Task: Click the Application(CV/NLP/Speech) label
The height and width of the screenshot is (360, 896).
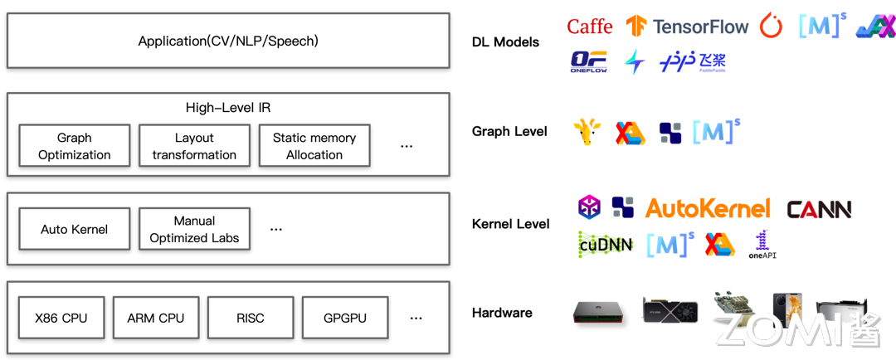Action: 228,41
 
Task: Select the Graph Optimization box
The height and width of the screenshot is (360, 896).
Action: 75,147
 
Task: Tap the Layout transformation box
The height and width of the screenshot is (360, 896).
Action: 194,147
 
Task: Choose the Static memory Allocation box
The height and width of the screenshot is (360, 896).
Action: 314,147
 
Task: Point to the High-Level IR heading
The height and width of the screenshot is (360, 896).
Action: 228,108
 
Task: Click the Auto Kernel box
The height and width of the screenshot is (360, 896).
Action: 75,229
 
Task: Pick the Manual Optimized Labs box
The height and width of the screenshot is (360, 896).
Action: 194,229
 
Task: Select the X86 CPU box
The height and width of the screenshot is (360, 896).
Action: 61,318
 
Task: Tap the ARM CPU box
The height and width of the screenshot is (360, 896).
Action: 156,318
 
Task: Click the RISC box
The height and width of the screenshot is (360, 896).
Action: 250,318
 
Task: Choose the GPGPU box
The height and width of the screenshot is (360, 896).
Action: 345,318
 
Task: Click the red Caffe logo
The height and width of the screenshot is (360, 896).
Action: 590,27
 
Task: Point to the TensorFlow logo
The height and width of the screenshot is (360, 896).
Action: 688,27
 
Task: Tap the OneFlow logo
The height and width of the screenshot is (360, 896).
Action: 588,62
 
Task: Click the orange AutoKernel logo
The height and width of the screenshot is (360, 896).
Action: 708,208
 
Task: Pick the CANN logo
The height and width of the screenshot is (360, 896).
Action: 817,209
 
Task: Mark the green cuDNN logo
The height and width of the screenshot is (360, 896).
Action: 606,244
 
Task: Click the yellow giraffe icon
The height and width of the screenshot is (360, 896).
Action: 587,131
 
